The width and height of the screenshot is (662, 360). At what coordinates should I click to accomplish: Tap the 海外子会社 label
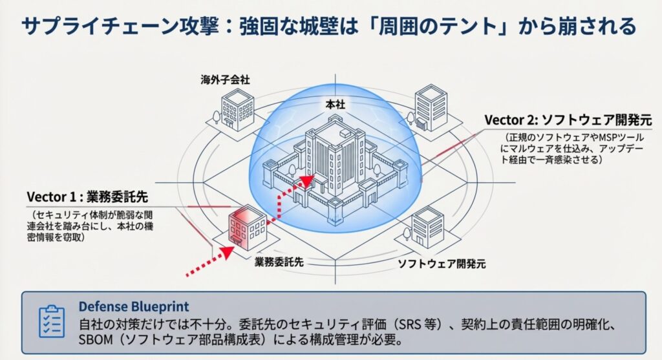(225, 80)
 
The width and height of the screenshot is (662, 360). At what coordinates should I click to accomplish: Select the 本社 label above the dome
(334, 103)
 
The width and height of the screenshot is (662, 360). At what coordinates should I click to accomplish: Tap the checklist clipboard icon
(52, 322)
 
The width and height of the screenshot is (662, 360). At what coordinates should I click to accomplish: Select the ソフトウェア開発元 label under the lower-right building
(441, 263)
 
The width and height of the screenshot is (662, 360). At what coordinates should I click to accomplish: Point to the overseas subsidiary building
(237, 109)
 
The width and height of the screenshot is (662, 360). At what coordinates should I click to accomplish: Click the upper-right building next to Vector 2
(430, 107)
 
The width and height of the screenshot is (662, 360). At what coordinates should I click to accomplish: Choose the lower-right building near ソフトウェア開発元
(427, 227)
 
